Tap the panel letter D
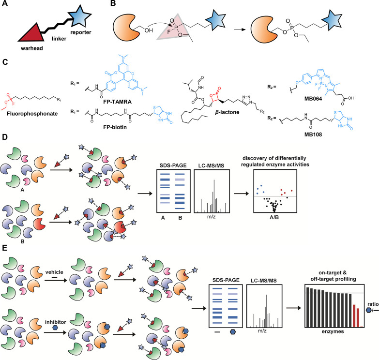[4, 143]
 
